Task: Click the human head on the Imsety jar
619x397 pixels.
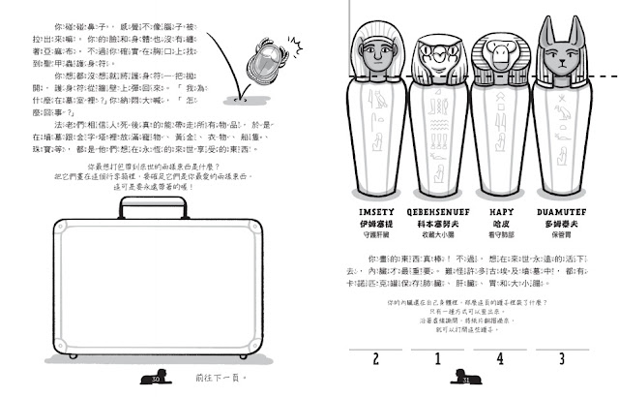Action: click(373, 58)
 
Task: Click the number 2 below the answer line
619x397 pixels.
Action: click(374, 359)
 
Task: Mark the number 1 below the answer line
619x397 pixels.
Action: click(437, 359)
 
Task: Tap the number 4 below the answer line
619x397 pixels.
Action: click(500, 359)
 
